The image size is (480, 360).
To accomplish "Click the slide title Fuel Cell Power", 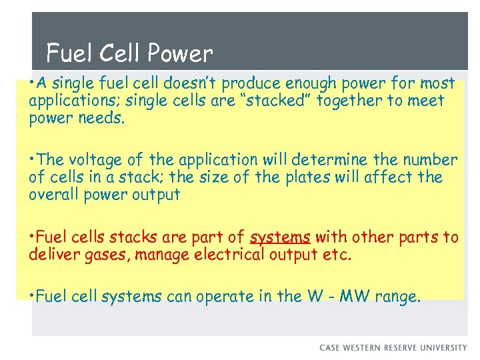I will point(129,53).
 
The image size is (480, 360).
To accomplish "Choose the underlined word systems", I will point(281,237).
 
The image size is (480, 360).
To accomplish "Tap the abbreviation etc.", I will point(335,254).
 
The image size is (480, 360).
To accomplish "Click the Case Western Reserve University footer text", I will point(393,347).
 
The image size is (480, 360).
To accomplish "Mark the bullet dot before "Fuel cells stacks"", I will point(32,236).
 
